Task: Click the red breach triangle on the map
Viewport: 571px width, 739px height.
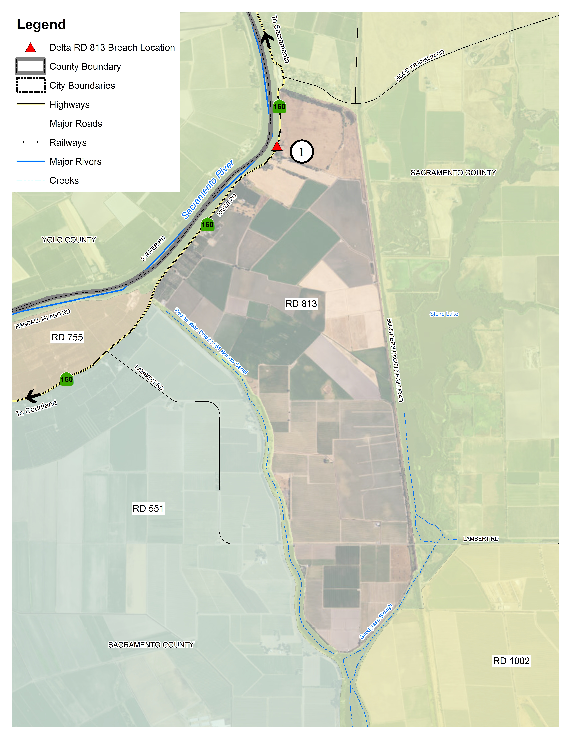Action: pos(277,147)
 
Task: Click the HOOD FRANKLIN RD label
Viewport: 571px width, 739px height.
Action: pos(419,66)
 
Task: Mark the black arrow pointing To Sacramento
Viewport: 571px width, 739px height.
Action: pos(267,40)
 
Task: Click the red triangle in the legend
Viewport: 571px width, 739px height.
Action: pos(30,48)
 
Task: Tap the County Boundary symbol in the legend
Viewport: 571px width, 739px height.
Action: pos(30,66)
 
